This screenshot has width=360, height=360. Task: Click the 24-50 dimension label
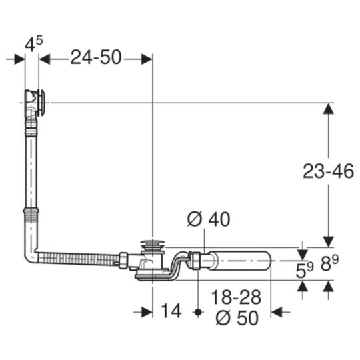tap(96, 57)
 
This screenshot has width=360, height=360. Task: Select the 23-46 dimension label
tap(328, 171)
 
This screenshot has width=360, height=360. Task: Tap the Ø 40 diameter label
tap(209, 219)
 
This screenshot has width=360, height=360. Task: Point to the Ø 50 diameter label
tap(237, 318)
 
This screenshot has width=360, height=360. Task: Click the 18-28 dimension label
tap(236, 297)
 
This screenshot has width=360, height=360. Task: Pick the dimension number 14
tap(171, 311)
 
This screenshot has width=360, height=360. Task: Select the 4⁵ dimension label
tap(34, 44)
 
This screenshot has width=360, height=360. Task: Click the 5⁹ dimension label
tap(304, 270)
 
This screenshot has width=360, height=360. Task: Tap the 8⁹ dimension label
tap(330, 263)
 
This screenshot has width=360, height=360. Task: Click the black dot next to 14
tap(198, 312)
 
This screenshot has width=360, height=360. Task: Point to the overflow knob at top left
tap(42, 103)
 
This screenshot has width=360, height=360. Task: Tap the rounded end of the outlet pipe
tap(267, 261)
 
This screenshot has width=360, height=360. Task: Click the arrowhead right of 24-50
tap(147, 59)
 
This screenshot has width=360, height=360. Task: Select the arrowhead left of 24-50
tap(45, 59)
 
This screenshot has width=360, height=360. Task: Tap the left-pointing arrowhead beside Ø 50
tap(277, 312)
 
